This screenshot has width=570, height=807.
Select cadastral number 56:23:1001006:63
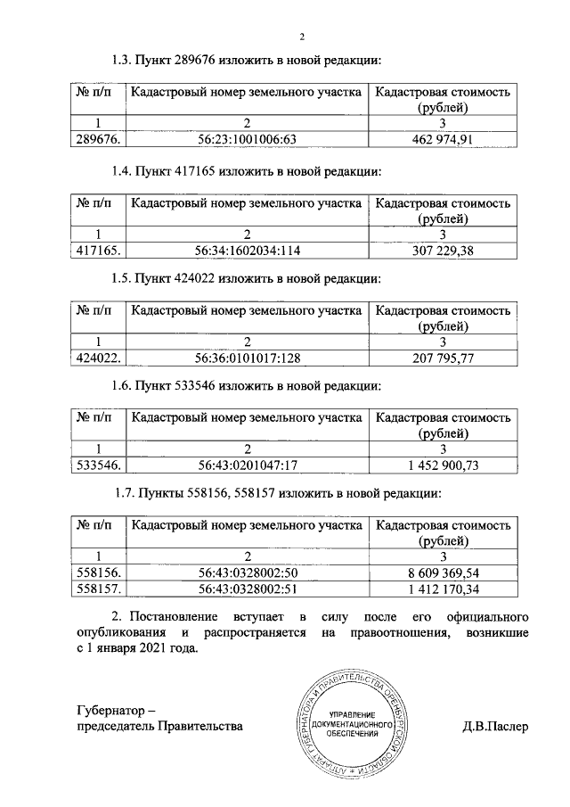(245, 138)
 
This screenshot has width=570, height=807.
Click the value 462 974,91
(443, 138)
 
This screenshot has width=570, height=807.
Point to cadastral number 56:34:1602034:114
(245, 251)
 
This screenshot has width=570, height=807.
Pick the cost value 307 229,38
(443, 251)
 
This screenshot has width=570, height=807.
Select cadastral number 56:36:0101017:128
(245, 358)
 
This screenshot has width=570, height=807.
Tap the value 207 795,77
(443, 358)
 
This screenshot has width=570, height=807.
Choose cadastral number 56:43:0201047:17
(245, 465)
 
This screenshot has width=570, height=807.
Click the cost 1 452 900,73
(443, 465)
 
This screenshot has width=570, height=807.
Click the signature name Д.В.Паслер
(495, 727)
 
